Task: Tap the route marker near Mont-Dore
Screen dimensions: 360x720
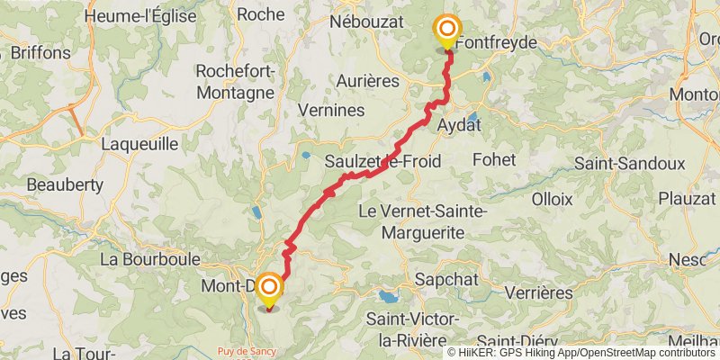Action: coord(268,289)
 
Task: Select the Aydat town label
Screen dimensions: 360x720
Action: coord(458,125)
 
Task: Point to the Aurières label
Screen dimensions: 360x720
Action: coord(367,81)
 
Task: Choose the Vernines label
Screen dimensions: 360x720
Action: coord(330,111)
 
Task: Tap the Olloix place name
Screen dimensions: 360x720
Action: coord(553,198)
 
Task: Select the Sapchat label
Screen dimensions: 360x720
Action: coord(446,280)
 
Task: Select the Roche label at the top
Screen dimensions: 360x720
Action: coord(261,14)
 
